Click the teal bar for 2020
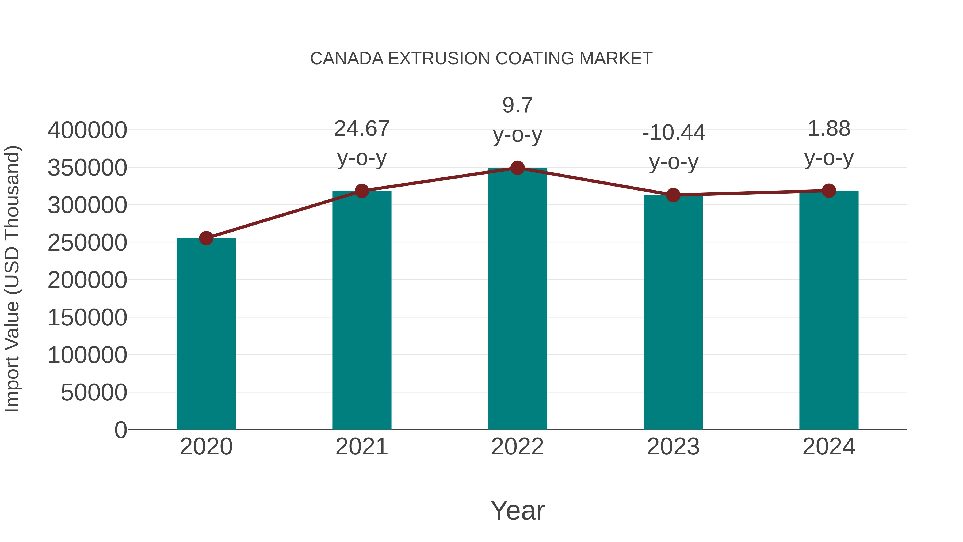tap(206, 334)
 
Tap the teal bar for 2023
tap(673, 312)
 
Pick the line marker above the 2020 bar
tap(206, 238)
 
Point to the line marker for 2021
tap(361, 191)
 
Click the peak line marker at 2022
tap(517, 168)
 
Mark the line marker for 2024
tap(829, 191)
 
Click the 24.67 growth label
tap(361, 129)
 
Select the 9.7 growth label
tap(517, 105)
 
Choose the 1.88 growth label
tap(829, 129)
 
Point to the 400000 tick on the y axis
tap(87, 131)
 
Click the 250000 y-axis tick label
tap(87, 243)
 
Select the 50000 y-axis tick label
tap(94, 393)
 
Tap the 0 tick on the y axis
tap(120, 430)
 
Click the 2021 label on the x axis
tap(361, 447)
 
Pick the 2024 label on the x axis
tap(829, 447)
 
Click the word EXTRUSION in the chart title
tap(439, 59)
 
